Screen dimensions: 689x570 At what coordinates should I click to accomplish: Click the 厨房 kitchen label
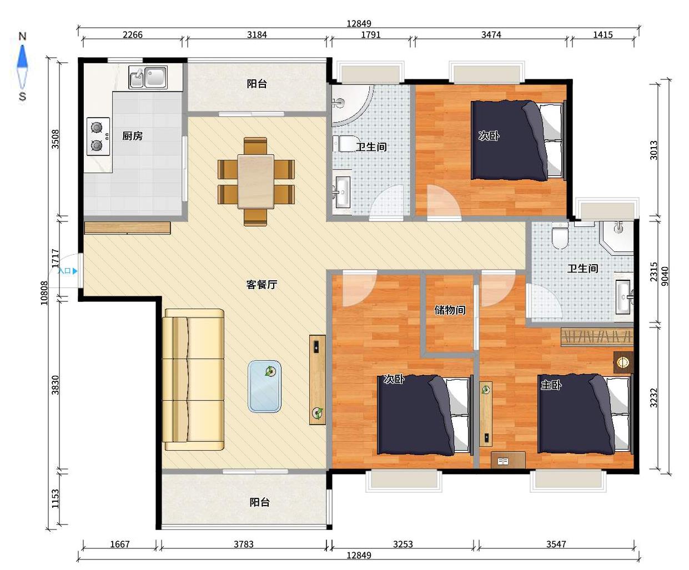click(132, 135)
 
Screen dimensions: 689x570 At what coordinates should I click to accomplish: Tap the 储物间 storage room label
click(450, 310)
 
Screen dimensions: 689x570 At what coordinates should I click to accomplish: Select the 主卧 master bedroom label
click(551, 385)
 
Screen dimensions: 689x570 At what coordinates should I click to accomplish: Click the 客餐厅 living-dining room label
click(261, 284)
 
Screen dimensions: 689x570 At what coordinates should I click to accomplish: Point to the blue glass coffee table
click(264, 386)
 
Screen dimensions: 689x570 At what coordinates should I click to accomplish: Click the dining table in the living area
click(256, 181)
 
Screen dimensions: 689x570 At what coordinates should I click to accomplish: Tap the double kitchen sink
click(148, 77)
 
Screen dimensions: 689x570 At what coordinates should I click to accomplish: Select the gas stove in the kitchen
click(98, 136)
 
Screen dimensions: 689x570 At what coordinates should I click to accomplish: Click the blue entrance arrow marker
click(76, 271)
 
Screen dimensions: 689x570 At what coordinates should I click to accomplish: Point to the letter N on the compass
click(22, 36)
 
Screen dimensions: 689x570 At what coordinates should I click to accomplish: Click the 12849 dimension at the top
click(359, 23)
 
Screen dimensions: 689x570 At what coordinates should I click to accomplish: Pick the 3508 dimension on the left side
click(55, 139)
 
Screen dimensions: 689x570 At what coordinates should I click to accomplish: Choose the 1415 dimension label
click(603, 34)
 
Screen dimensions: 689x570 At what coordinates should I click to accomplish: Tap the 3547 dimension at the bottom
click(556, 544)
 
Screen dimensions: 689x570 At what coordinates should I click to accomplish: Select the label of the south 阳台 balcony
click(259, 502)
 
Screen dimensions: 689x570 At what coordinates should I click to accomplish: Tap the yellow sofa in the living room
click(193, 379)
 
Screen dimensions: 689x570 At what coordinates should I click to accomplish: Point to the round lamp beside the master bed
click(623, 362)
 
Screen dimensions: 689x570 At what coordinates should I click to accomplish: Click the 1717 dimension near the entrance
click(55, 258)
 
